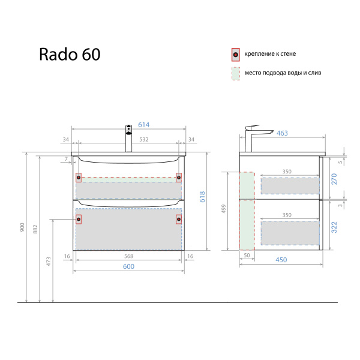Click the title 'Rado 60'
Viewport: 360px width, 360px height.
click(70, 55)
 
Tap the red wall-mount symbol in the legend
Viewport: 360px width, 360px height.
click(236, 55)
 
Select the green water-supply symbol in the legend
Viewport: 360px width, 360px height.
click(236, 74)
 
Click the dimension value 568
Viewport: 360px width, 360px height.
click(128, 256)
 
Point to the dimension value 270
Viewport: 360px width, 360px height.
click(335, 178)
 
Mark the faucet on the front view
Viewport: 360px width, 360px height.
click(128, 138)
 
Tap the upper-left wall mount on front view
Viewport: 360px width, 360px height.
click(79, 177)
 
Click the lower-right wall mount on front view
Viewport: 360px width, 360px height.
click(179, 219)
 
